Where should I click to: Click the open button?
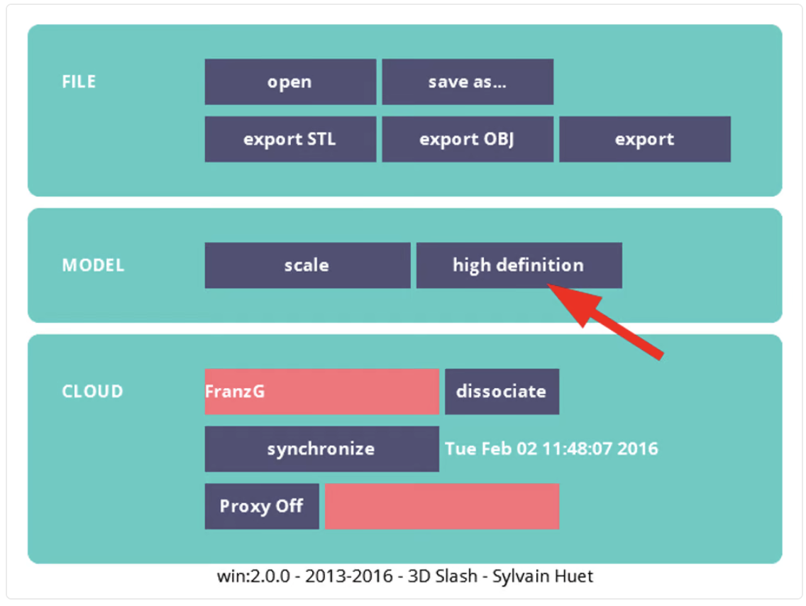pyautogui.click(x=290, y=82)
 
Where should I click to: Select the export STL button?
pyautogui.click(x=290, y=139)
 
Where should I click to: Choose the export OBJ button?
pyautogui.click(x=468, y=139)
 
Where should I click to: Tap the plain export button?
pyautogui.click(x=645, y=139)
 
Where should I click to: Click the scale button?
pyautogui.click(x=307, y=265)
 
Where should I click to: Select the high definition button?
pyautogui.click(x=519, y=265)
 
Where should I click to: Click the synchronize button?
pyautogui.click(x=322, y=448)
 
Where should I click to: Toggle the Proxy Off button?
pyautogui.click(x=262, y=506)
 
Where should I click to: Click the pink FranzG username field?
pyautogui.click(x=322, y=391)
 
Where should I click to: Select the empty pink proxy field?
pyautogui.click(x=442, y=506)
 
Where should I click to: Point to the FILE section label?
pyautogui.click(x=79, y=82)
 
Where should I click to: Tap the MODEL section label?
pyautogui.click(x=93, y=265)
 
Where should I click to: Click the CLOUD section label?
pyautogui.click(x=92, y=391)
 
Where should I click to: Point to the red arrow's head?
pyautogui.click(x=549, y=285)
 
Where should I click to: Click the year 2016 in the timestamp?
pyautogui.click(x=637, y=448)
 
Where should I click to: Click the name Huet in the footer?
pyautogui.click(x=575, y=576)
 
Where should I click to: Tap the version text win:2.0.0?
pyautogui.click(x=253, y=576)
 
